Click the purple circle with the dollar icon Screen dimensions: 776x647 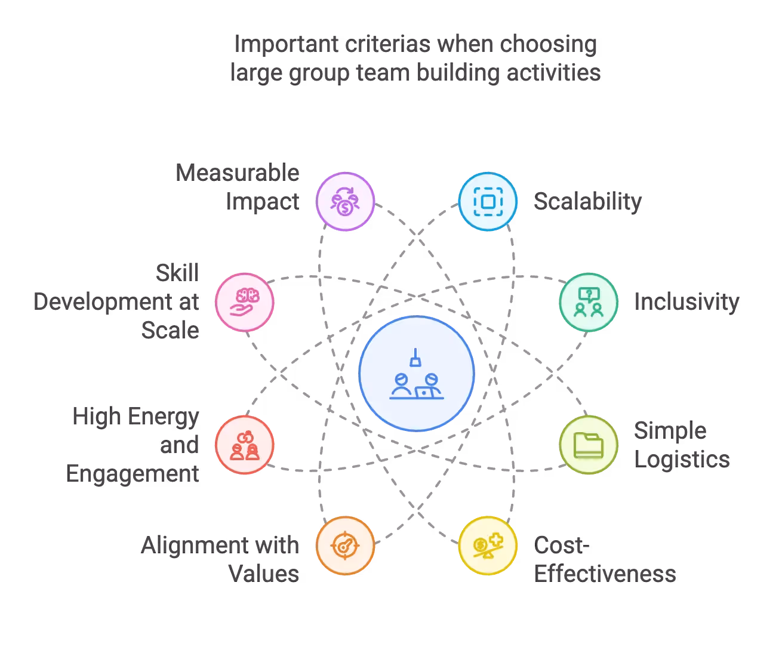345,201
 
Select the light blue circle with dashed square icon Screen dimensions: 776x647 487,201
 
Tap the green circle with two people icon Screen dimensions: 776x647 588,302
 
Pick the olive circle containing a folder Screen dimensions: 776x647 588,445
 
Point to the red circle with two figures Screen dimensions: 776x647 244,445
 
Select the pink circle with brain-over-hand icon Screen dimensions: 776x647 244,302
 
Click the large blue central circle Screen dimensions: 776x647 417,374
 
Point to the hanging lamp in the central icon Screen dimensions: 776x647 415,359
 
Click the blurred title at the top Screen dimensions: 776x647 415,58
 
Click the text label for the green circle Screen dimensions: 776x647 687,302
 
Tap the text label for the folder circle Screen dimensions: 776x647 680,445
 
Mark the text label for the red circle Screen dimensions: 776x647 134,445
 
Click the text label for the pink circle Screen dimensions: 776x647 117,302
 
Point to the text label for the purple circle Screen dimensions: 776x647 239,187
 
